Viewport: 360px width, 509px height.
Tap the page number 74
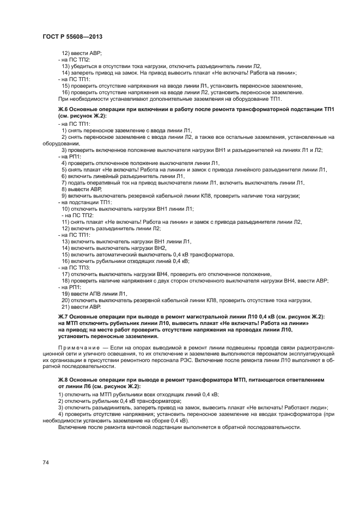(x=46, y=462)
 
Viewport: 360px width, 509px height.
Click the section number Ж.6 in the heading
(x=64, y=109)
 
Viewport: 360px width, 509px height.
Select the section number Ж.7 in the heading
(x=64, y=316)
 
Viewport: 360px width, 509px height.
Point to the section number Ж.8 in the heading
(x=64, y=378)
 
